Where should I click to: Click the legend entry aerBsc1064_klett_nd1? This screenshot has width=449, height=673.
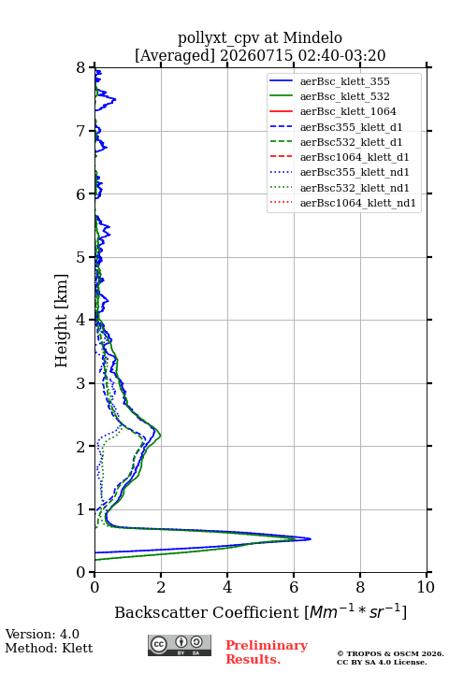(342, 203)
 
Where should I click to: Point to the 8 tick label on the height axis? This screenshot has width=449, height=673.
(81, 67)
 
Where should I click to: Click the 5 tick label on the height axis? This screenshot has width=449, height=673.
(81, 257)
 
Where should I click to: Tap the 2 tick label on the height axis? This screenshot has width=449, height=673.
(81, 447)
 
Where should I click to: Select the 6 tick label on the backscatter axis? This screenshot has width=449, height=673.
(294, 587)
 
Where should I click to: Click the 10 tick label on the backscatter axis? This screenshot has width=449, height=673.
(426, 587)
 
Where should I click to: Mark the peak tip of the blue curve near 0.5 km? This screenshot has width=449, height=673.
(311, 538)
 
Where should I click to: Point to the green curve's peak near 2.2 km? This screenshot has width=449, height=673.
(161, 437)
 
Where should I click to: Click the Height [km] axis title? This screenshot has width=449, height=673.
(62, 321)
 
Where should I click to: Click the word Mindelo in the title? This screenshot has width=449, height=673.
(312, 37)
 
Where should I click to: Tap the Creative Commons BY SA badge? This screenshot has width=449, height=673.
(180, 645)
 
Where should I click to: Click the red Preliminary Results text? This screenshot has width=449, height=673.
(267, 652)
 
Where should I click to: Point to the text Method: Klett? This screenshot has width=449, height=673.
(49, 648)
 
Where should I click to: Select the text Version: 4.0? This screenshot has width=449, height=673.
(42, 634)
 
